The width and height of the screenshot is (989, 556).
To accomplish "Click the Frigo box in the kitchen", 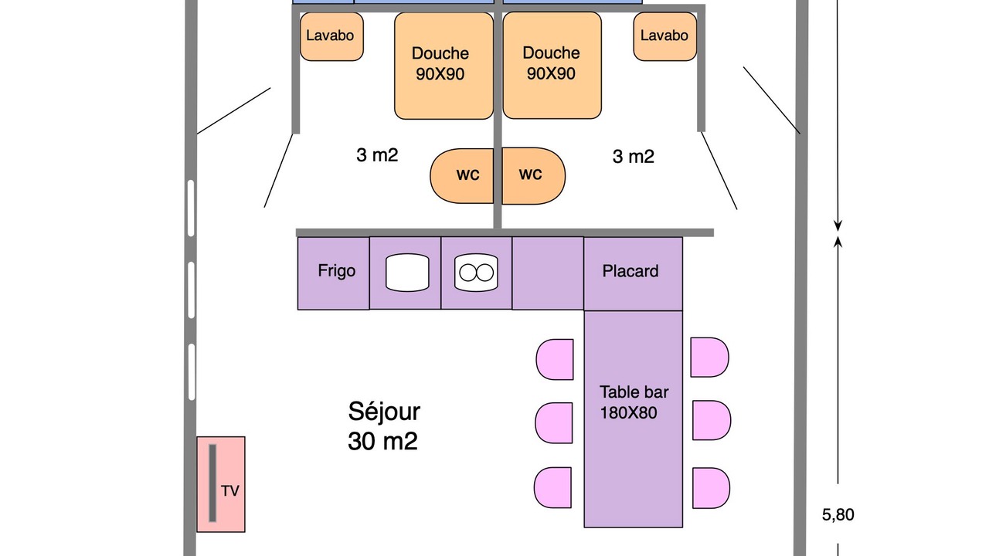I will click(x=333, y=273).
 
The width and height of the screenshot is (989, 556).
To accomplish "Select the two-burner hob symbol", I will click(x=477, y=273).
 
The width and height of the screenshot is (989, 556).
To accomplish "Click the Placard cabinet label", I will click(x=630, y=271).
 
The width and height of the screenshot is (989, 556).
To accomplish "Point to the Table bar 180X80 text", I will click(x=634, y=402).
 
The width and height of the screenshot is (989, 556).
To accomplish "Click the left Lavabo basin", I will click(x=331, y=36).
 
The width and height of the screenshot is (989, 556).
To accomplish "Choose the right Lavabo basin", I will click(x=664, y=36).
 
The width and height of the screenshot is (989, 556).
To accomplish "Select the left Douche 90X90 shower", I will click(x=444, y=65).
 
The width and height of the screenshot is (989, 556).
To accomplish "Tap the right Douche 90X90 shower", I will click(x=552, y=64).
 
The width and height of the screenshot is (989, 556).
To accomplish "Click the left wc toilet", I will click(x=464, y=175).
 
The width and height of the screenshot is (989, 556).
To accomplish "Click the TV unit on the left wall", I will click(x=221, y=484).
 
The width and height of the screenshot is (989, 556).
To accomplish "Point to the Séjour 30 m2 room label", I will click(x=384, y=425).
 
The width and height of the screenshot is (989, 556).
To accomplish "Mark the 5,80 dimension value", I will click(x=838, y=515).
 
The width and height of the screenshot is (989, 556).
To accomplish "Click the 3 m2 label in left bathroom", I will click(x=377, y=155).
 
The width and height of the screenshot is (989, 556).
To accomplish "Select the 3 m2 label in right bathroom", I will click(x=634, y=157).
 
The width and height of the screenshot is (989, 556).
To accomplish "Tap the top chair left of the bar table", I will click(x=556, y=359).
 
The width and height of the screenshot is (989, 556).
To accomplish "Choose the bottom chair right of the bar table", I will click(x=711, y=488).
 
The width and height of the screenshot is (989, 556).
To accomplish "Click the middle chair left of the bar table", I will click(x=555, y=422).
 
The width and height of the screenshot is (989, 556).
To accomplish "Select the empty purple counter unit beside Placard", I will click(x=548, y=273).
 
